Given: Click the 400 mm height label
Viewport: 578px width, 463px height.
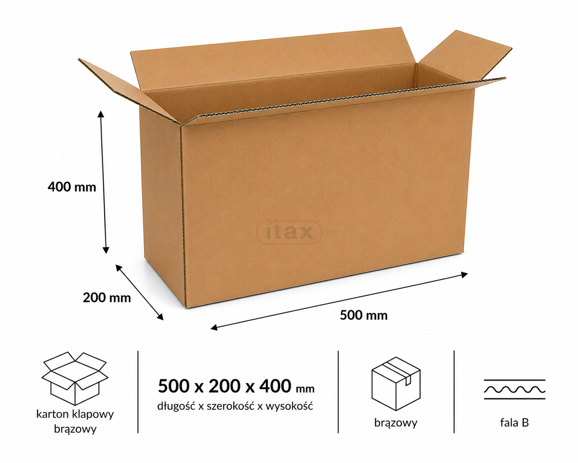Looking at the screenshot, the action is pyautogui.click(x=72, y=187).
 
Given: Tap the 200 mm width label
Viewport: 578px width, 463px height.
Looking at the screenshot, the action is pyautogui.click(x=107, y=298).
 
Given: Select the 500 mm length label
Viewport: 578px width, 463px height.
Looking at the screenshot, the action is pyautogui.click(x=364, y=315).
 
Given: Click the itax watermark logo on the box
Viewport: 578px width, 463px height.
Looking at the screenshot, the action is pyautogui.click(x=289, y=232).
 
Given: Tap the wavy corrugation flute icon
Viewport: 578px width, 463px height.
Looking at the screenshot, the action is pyautogui.click(x=515, y=389).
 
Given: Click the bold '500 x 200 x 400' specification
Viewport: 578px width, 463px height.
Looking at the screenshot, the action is pyautogui.click(x=224, y=386).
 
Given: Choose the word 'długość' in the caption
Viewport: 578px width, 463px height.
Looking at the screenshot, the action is pyautogui.click(x=176, y=406).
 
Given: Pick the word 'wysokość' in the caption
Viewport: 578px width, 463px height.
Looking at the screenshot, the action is pyautogui.click(x=289, y=406).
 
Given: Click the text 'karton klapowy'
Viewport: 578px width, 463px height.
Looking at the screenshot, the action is pyautogui.click(x=75, y=414).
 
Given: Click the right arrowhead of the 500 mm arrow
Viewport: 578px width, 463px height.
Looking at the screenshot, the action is pyautogui.click(x=464, y=274).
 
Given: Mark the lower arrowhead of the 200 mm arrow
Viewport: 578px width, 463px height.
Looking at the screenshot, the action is pyautogui.click(x=160, y=317).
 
